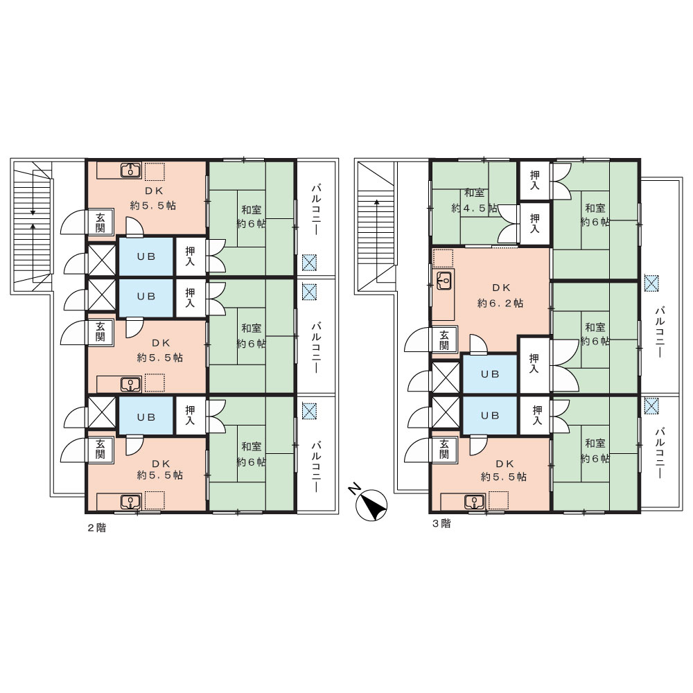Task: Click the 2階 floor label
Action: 97,527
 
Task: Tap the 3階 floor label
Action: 441,524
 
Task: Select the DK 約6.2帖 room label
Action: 501,296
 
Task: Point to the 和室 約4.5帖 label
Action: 474,201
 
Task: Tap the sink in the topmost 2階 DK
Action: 130,169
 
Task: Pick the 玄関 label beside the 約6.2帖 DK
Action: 444,340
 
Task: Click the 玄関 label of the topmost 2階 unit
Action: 100,222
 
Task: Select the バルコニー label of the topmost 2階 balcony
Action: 317,211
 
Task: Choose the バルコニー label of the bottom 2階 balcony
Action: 317,466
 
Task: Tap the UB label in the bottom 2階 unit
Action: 146,416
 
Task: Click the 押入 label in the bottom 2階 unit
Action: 190,415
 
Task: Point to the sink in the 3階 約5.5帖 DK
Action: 474,502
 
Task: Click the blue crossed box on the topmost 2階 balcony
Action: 309,263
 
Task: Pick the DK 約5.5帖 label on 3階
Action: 504,471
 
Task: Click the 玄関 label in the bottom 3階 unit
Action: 444,449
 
